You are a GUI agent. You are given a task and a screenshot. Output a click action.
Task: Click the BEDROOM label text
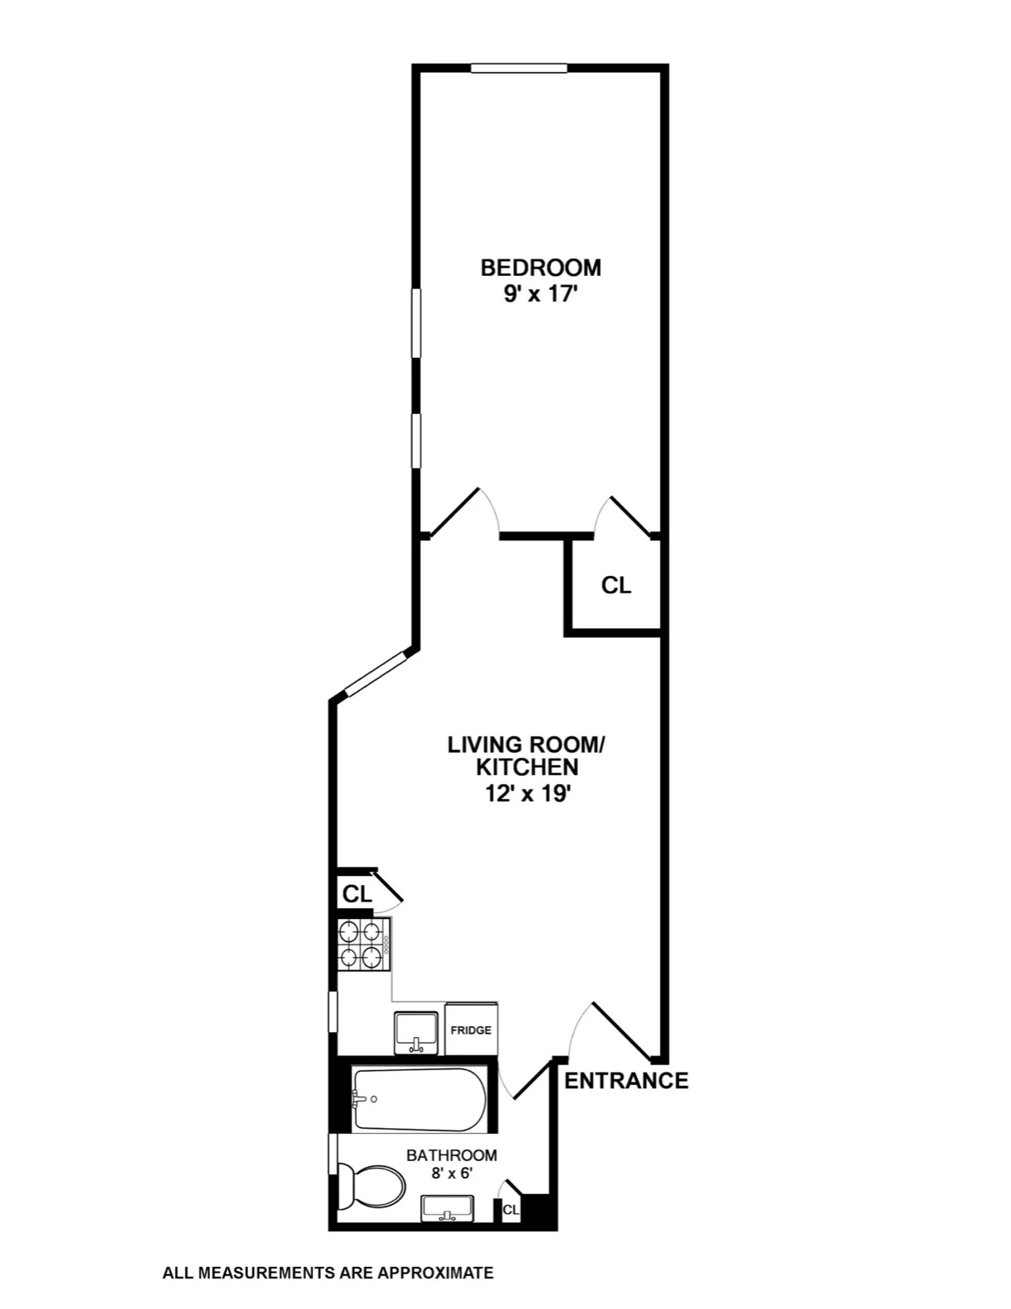click(540, 268)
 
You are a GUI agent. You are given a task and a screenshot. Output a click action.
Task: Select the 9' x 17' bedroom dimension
click(539, 295)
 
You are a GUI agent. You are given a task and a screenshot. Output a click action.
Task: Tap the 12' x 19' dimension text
click(527, 794)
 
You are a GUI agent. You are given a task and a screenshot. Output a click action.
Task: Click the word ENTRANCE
click(625, 1080)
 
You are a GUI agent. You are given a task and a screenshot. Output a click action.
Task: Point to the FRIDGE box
click(471, 1030)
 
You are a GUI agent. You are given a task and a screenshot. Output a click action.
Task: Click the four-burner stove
click(363, 945)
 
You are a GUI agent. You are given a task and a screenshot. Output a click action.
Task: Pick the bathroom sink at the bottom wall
click(447, 1208)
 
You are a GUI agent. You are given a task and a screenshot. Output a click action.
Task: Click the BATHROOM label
click(451, 1155)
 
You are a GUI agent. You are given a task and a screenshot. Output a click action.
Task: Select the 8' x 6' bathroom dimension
click(451, 1173)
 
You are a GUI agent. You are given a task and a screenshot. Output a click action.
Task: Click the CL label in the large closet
click(615, 585)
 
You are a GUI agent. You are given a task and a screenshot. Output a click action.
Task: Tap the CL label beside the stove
click(357, 893)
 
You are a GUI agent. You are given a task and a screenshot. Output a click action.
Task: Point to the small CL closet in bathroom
click(510, 1210)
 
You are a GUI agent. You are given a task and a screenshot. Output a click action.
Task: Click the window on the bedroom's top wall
click(519, 69)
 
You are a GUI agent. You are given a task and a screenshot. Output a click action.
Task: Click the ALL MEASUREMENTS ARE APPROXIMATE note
click(328, 1273)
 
